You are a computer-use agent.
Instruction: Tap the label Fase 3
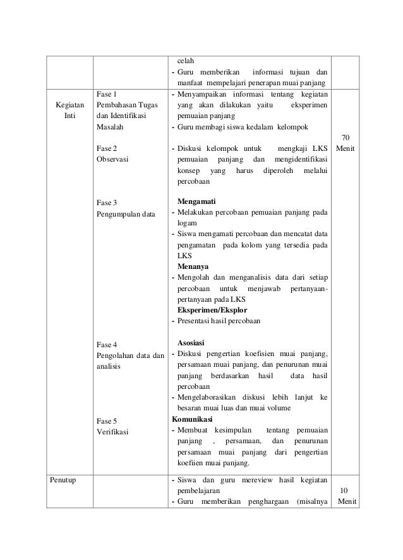107,203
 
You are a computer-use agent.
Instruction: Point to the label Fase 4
107,344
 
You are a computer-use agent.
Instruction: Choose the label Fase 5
107,420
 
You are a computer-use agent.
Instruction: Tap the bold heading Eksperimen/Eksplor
212,311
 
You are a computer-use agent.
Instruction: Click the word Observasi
112,160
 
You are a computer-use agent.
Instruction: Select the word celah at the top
185,61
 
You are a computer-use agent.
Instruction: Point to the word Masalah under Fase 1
110,127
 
